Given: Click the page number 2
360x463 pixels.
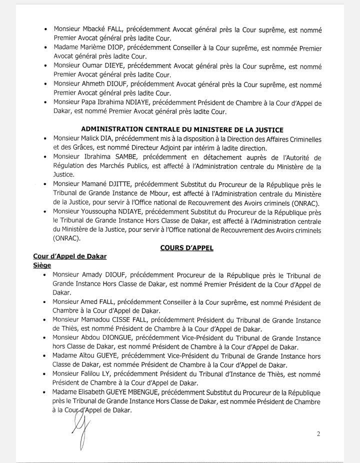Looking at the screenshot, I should [319, 433].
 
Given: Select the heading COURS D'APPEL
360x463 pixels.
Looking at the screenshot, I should [186, 248].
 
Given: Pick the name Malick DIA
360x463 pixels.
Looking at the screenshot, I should [99, 138].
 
